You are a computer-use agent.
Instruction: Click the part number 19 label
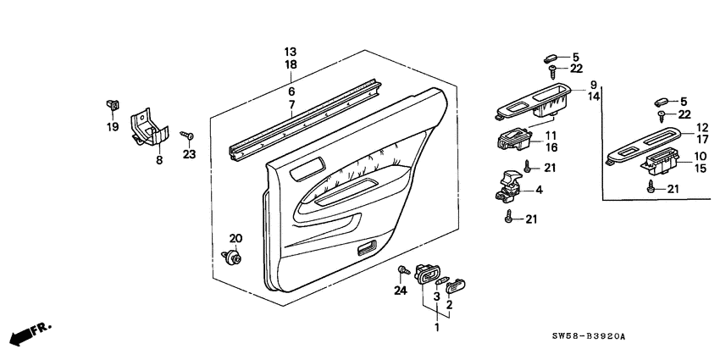pyautogui.click(x=113, y=127)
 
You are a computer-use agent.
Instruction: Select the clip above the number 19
pyautogui.click(x=113, y=105)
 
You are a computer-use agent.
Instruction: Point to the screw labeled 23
pyautogui.click(x=186, y=135)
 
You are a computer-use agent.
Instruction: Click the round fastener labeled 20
pyautogui.click(x=232, y=257)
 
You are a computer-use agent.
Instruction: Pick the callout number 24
pyautogui.click(x=401, y=291)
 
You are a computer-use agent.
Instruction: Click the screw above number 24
pyautogui.click(x=403, y=270)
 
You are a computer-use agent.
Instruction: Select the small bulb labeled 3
pyautogui.click(x=443, y=280)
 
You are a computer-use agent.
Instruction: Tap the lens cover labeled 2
pyautogui.click(x=455, y=285)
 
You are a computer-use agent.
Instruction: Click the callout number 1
pyautogui.click(x=437, y=328)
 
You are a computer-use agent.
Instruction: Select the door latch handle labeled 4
pyautogui.click(x=508, y=187)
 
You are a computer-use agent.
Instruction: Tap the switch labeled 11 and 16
pyautogui.click(x=514, y=140)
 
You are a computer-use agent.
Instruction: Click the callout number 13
pyautogui.click(x=291, y=52)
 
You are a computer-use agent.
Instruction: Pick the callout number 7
pyautogui.click(x=291, y=104)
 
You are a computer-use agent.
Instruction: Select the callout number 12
pyautogui.click(x=702, y=127)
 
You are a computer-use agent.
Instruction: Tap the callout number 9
pyautogui.click(x=593, y=85)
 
